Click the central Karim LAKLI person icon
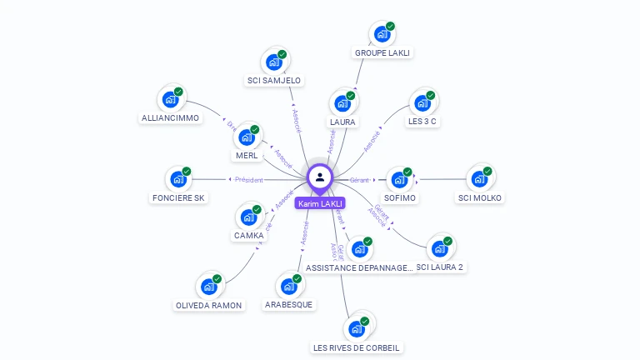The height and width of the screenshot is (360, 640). [x=320, y=177]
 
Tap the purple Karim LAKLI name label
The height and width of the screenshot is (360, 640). [x=320, y=203]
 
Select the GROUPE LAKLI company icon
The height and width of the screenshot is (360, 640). [x=382, y=34]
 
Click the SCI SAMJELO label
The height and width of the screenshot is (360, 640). [x=274, y=81]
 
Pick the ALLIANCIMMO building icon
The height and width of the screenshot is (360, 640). [x=170, y=100]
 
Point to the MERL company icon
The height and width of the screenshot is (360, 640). [x=247, y=137]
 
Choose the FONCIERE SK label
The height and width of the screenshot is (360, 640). [x=178, y=197]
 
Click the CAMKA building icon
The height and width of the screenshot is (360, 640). [x=248, y=217]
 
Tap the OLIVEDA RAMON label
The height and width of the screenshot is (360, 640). [x=209, y=305]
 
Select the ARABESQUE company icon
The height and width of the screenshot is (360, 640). [x=289, y=287]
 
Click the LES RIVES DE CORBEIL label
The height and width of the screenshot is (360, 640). [x=357, y=347]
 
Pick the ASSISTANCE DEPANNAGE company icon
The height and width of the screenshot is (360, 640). [x=359, y=249]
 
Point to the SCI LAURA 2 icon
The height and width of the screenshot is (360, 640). [x=439, y=248]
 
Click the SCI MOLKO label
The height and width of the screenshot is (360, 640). [x=480, y=197]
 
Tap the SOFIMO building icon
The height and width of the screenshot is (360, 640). [x=400, y=180]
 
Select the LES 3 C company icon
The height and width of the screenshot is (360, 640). [x=422, y=103]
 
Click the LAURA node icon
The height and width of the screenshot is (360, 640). [x=342, y=104]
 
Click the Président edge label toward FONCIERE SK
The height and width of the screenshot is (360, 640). [x=249, y=179]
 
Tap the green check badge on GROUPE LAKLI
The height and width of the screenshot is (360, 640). [x=390, y=26]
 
